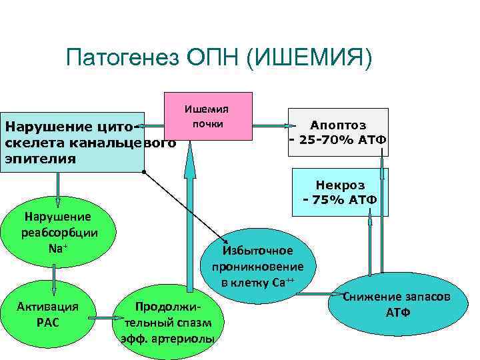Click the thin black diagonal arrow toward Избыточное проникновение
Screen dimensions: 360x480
[x=187, y=207]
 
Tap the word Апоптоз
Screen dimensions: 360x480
[x=337, y=125]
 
